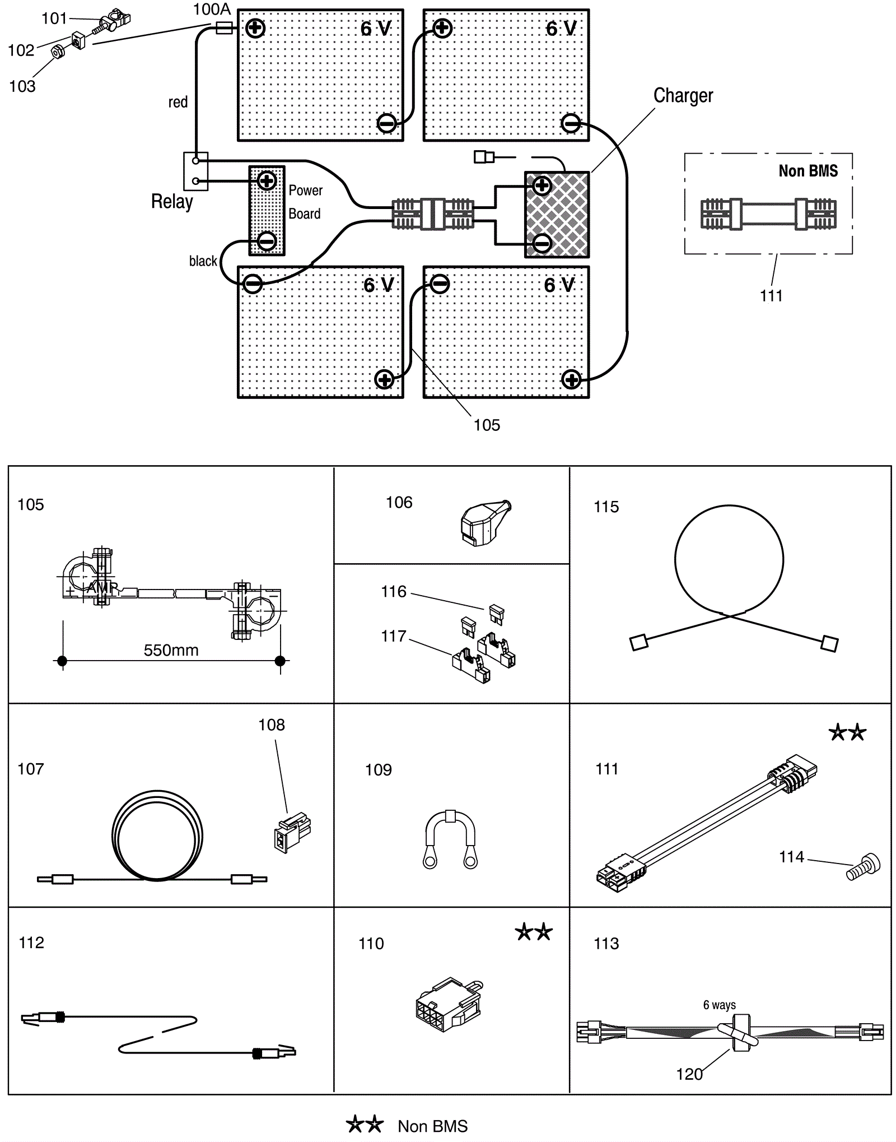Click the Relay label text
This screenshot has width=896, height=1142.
[x=172, y=202]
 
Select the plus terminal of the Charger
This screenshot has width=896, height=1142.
[x=542, y=185]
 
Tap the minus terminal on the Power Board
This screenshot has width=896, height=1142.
[x=267, y=242]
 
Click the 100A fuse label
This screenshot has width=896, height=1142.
[x=212, y=10]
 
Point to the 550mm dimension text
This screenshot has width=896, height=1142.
[x=171, y=650]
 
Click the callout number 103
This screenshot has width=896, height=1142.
[x=22, y=86]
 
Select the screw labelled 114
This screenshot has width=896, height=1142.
[x=864, y=867]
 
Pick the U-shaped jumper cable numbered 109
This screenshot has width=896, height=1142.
[x=450, y=839]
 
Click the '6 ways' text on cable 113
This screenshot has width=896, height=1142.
[x=720, y=1005]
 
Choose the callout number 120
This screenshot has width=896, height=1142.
[x=689, y=1074]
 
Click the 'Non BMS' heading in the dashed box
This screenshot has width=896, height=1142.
[x=808, y=171]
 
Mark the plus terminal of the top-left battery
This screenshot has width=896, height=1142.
[x=255, y=27]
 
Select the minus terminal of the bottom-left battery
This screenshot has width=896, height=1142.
[x=253, y=284]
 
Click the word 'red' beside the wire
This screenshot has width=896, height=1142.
[x=178, y=102]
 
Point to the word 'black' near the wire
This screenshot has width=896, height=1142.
[x=203, y=261]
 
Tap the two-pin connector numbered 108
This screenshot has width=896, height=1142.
[x=292, y=832]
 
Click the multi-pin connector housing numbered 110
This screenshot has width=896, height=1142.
[x=450, y=1005]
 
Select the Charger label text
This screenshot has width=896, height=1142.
[x=683, y=96]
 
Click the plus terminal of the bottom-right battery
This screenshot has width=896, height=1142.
[x=571, y=380]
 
